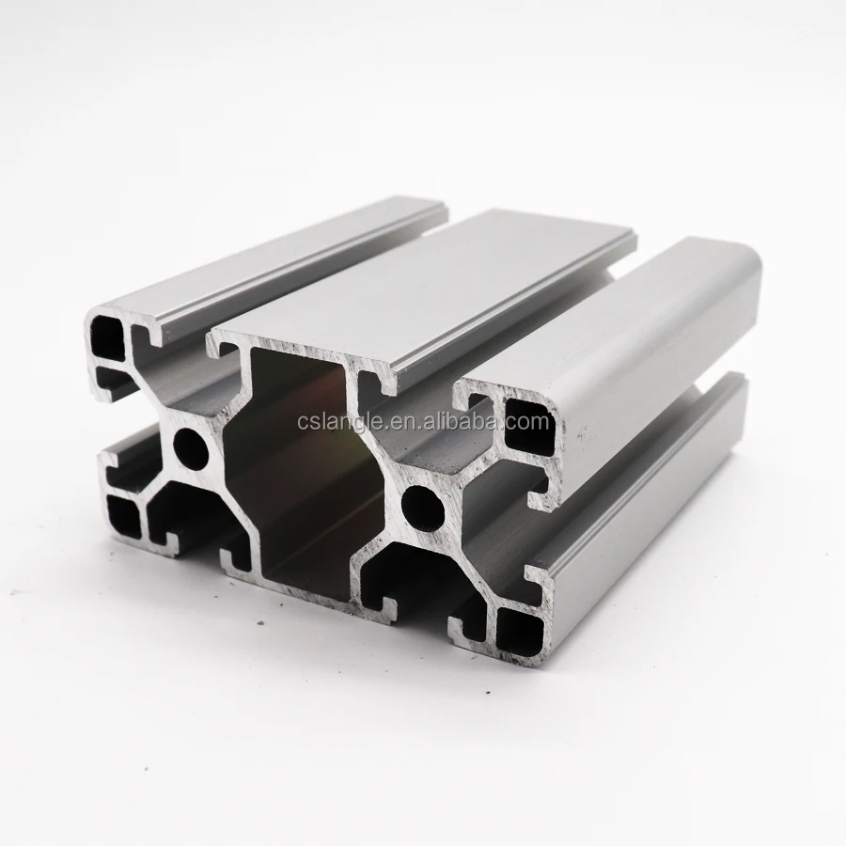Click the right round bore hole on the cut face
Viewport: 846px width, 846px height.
coord(419,504)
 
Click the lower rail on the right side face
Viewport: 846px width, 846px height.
coord(658,489)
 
